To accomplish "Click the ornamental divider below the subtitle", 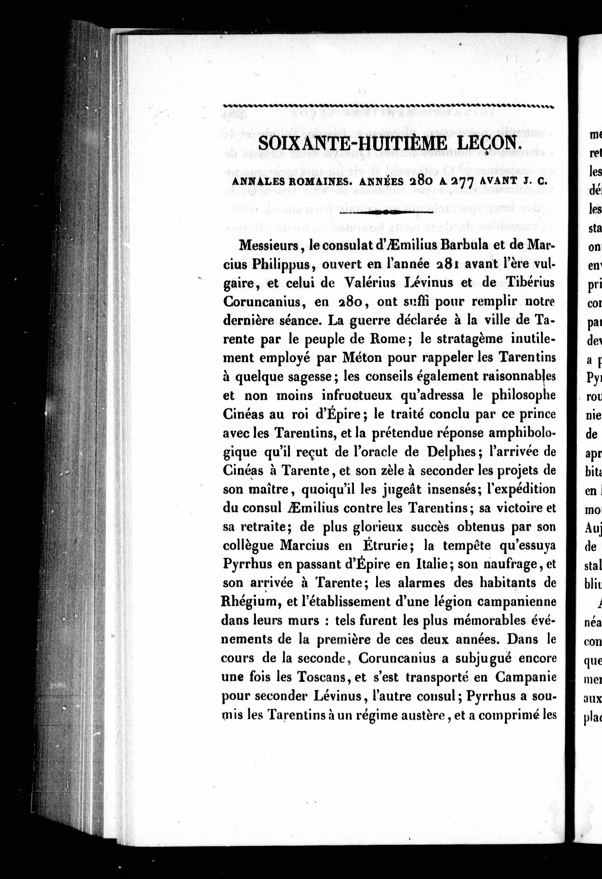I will point(386,213).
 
